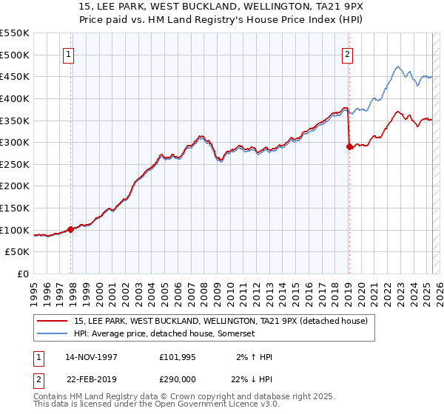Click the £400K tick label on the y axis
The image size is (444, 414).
point(15,98)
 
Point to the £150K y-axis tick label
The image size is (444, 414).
point(15,208)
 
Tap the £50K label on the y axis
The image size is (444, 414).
point(18,252)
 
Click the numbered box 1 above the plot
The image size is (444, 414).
point(68,53)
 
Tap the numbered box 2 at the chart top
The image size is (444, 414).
point(347,53)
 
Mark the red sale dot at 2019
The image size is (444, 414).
point(349,146)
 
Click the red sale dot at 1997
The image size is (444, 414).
point(71,229)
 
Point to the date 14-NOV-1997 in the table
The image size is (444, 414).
point(91,357)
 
